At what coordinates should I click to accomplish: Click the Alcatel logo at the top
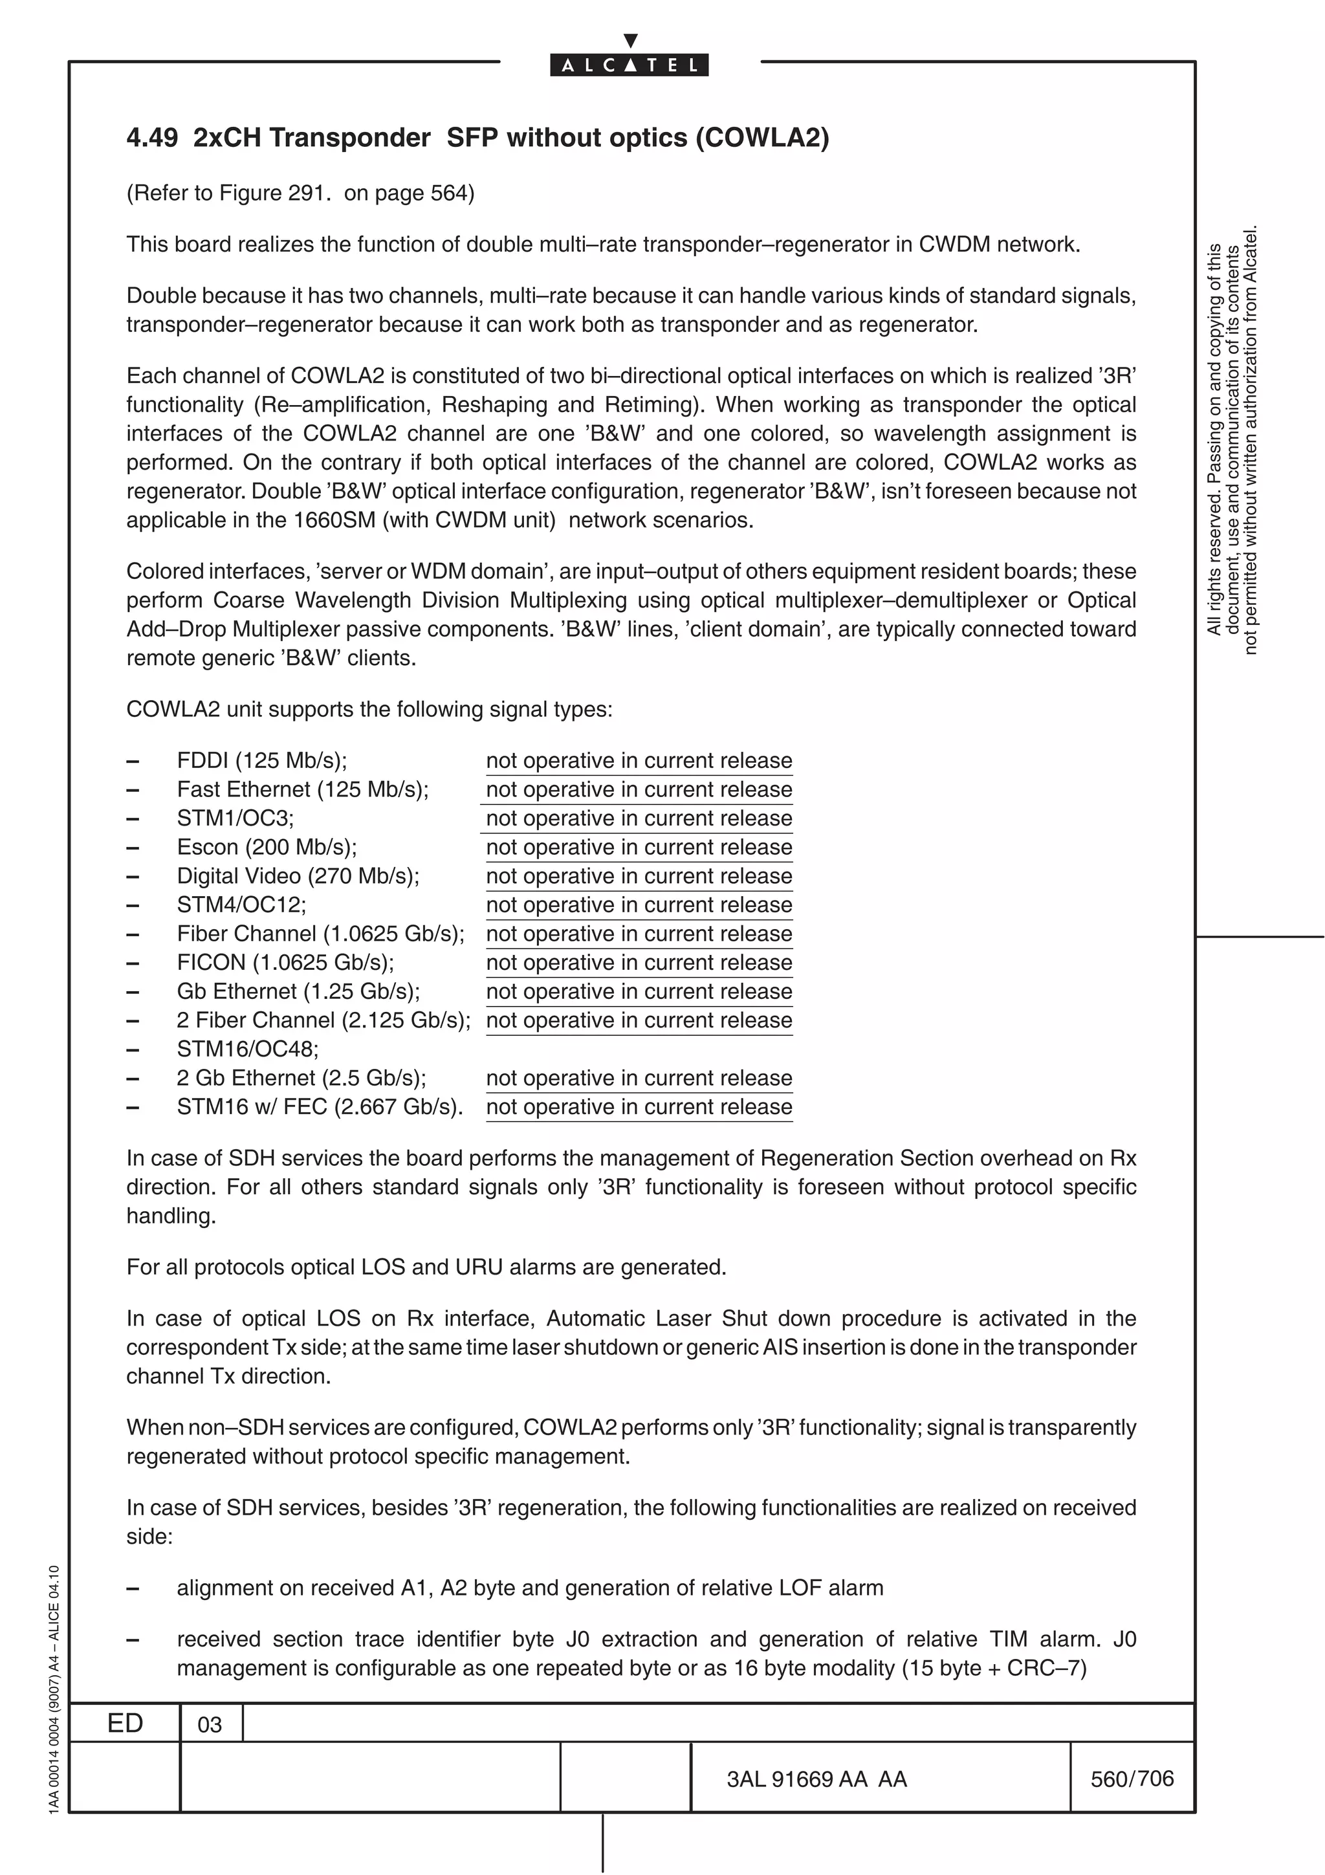(x=630, y=65)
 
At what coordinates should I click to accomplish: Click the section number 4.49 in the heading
(x=152, y=137)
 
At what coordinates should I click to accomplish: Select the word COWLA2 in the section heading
(x=761, y=137)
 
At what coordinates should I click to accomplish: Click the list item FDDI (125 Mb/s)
(x=261, y=760)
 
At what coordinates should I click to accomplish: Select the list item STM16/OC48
(x=247, y=1049)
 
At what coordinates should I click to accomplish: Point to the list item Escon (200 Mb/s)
(x=266, y=847)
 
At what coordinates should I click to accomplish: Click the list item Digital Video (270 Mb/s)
(x=298, y=875)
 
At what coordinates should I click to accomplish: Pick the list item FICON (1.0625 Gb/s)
(x=285, y=962)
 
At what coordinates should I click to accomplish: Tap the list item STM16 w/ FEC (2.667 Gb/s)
(x=319, y=1106)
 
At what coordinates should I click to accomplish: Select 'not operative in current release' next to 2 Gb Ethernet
(x=639, y=1078)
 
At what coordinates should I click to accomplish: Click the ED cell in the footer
(x=125, y=1722)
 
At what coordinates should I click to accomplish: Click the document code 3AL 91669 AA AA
(x=816, y=1779)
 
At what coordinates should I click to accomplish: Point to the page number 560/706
(x=1132, y=1778)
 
